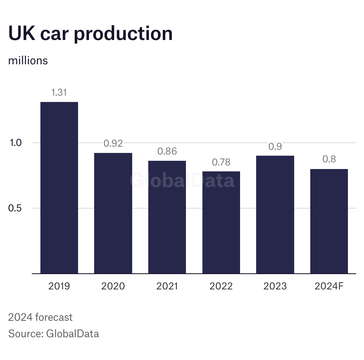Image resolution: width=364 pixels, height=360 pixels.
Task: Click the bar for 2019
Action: coord(59,187)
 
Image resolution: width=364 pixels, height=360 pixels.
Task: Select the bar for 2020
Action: coord(113,213)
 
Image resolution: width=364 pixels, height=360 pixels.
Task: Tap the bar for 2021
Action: coord(167,217)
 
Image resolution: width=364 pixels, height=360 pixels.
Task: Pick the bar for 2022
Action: coord(221,222)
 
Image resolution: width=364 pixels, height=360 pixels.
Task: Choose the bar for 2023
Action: coord(275,215)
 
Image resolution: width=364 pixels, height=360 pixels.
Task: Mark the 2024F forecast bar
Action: coord(329,221)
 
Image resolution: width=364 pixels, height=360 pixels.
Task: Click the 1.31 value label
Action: coord(59,93)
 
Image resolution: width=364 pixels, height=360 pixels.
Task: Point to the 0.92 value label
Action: coord(113,144)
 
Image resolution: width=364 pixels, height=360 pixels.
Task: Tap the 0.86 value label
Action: coord(167,151)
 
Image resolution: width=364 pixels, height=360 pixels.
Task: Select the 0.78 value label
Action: coord(221,162)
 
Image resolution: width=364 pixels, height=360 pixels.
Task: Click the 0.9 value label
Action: coord(275,147)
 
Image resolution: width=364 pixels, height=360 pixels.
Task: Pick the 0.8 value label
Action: coord(329,160)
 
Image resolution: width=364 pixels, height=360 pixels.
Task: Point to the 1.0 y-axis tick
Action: coord(16,143)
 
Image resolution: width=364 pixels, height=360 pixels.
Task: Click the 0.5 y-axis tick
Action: coord(16,208)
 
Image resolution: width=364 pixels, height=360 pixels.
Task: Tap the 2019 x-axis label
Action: coord(59,286)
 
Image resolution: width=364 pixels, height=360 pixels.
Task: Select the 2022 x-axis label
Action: coord(221,286)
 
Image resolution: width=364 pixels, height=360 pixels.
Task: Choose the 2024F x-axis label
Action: coord(329,286)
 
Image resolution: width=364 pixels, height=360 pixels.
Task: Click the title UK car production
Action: coord(90,34)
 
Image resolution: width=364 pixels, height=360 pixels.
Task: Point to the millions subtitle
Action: coord(28,61)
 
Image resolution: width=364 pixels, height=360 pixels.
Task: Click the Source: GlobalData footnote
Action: coord(53,334)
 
